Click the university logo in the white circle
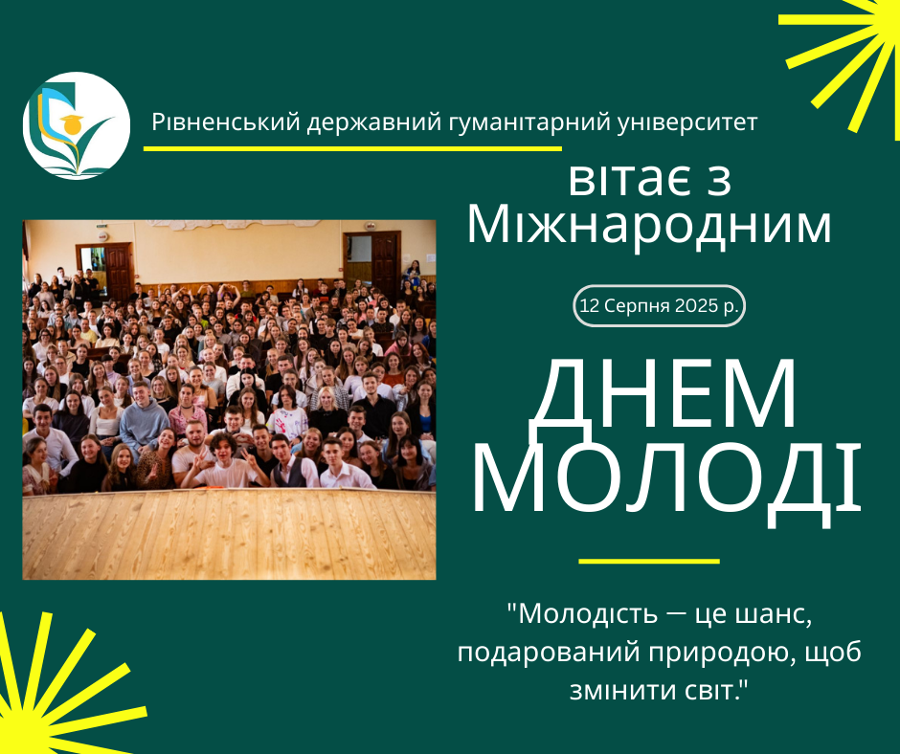pyautogui.click(x=77, y=125)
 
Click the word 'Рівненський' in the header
pyautogui.click(x=227, y=122)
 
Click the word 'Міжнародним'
pyautogui.click(x=649, y=225)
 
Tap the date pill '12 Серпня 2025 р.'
pyautogui.click(x=659, y=306)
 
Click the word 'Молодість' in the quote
pyautogui.click(x=589, y=614)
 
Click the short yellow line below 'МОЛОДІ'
pyautogui.click(x=649, y=562)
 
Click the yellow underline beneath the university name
pyautogui.click(x=352, y=148)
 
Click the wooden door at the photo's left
pyautogui.click(x=118, y=270)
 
